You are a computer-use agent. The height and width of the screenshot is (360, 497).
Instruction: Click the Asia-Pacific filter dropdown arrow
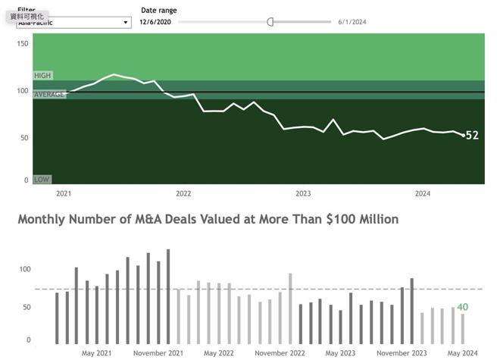pyautogui.click(x=126, y=23)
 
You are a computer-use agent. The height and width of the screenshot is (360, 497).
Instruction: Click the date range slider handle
pyautogui.click(x=270, y=22)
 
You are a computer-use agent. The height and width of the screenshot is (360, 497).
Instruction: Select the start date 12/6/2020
pyautogui.click(x=155, y=22)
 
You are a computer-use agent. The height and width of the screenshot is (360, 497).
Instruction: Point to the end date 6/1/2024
pyautogui.click(x=352, y=22)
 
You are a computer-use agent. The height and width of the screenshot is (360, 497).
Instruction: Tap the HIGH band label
pyautogui.click(x=42, y=76)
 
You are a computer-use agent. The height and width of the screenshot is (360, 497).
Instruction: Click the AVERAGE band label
pyautogui.click(x=49, y=94)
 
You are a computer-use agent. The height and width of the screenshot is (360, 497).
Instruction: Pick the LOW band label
pyautogui.click(x=42, y=180)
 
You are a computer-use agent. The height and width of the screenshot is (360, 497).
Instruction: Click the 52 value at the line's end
pyautogui.click(x=472, y=136)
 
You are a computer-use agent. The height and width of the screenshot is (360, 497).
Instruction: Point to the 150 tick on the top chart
pyautogui.click(x=22, y=44)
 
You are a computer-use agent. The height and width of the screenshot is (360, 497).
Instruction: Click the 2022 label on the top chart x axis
pyautogui.click(x=183, y=194)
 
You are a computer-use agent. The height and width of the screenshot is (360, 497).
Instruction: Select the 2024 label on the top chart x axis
pyautogui.click(x=423, y=194)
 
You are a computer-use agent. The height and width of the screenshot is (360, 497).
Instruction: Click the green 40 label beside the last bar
pyautogui.click(x=462, y=307)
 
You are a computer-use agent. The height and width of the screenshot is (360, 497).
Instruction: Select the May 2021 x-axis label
pyautogui.click(x=97, y=353)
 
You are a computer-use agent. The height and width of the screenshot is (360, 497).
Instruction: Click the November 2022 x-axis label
pyautogui.click(x=280, y=353)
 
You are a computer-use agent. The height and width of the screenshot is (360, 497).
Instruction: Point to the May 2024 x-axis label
pyautogui.click(x=461, y=353)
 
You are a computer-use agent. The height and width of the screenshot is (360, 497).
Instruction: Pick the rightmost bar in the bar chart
pyautogui.click(x=463, y=328)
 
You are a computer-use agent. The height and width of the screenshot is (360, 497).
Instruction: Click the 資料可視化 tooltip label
pyautogui.click(x=27, y=16)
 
